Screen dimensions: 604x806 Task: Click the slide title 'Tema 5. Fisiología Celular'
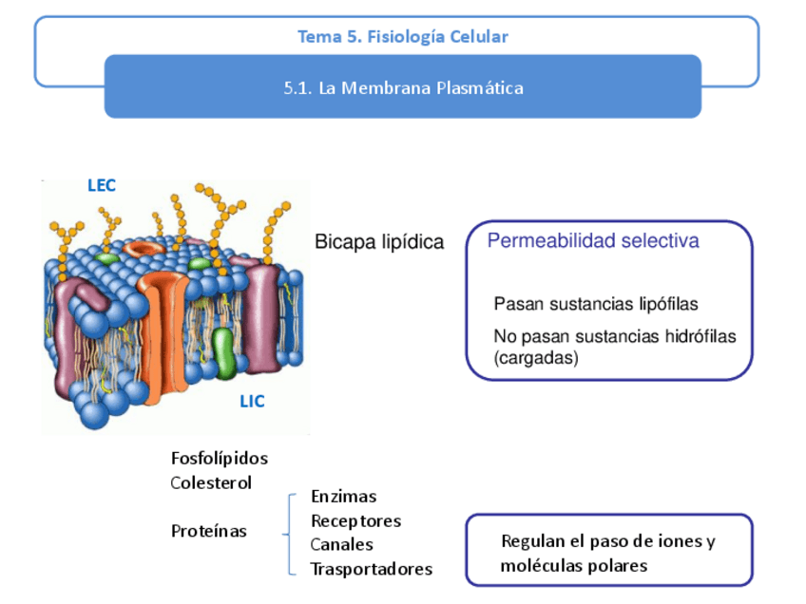pyautogui.click(x=402, y=37)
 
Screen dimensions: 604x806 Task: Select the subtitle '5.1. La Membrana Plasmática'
pyautogui.click(x=403, y=88)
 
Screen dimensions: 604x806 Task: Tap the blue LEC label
pyautogui.click(x=102, y=185)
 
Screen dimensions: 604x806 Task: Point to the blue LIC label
pyautogui.click(x=252, y=402)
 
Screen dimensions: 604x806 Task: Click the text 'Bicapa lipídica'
pyautogui.click(x=379, y=242)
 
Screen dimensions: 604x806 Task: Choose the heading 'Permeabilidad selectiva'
pyautogui.click(x=593, y=241)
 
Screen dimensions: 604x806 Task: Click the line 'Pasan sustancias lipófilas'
pyautogui.click(x=596, y=304)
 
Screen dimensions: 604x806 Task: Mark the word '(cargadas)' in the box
pyautogui.click(x=536, y=358)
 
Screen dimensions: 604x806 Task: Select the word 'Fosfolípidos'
pyautogui.click(x=220, y=459)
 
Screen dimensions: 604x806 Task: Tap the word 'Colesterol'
pyautogui.click(x=211, y=482)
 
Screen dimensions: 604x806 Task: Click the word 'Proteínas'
pyautogui.click(x=208, y=531)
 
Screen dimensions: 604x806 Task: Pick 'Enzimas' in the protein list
pyautogui.click(x=343, y=497)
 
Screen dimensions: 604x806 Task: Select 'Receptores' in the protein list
pyautogui.click(x=355, y=521)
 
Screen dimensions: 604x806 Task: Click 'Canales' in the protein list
pyautogui.click(x=341, y=545)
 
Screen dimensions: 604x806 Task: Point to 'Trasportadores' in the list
pyautogui.click(x=371, y=569)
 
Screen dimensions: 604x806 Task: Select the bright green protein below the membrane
pyautogui.click(x=223, y=352)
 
